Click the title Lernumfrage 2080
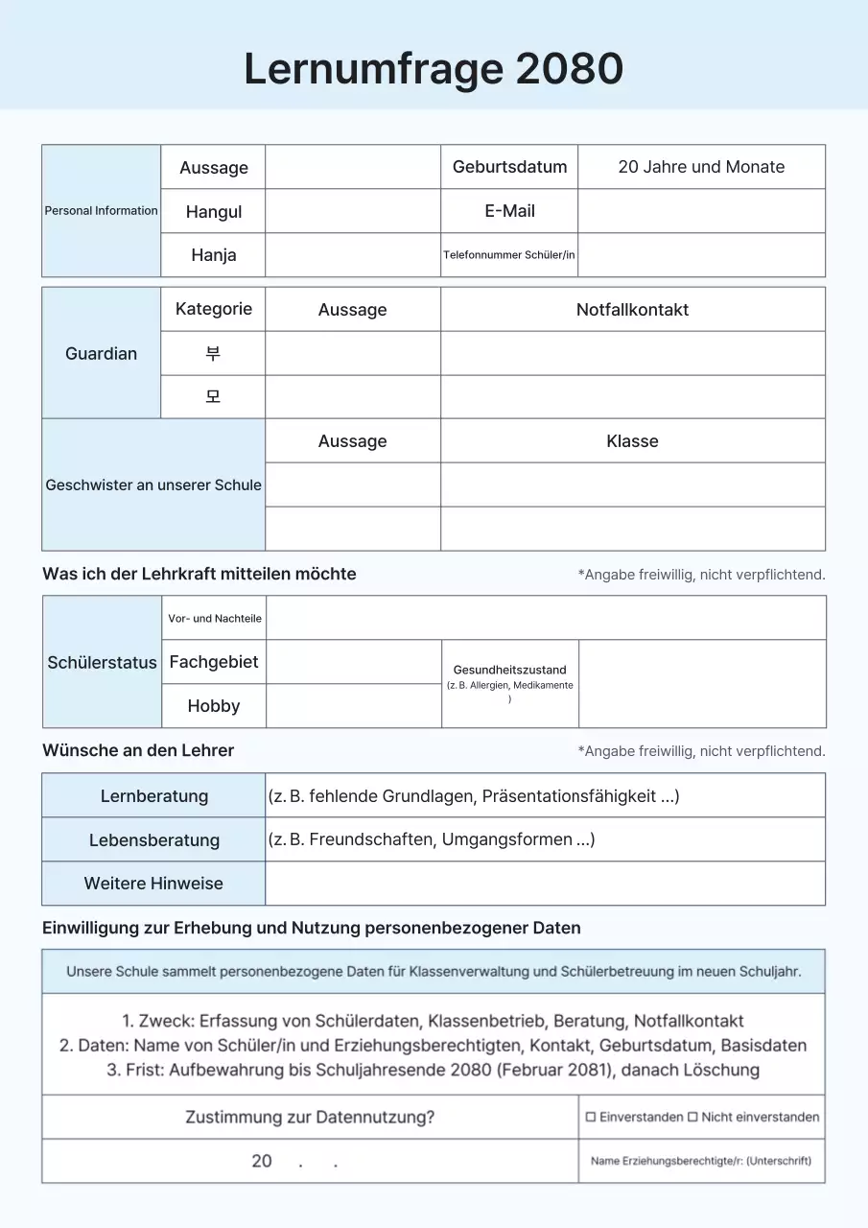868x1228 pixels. coord(434,69)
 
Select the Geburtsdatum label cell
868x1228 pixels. coord(509,167)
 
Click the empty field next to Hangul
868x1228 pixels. coord(352,211)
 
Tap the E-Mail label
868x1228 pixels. coord(509,211)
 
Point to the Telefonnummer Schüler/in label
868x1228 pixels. coord(509,255)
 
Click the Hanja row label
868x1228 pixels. coord(213,255)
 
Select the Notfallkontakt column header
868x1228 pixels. coord(632,310)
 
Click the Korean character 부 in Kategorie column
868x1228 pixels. coord(213,353)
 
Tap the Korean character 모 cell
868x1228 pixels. coord(213,396)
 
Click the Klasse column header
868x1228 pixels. coord(632,441)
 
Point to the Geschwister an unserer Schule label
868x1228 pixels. coord(153,485)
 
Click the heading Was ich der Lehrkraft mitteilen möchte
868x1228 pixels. coord(199,574)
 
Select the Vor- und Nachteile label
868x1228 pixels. coord(214,619)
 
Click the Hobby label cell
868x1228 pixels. coord(213,706)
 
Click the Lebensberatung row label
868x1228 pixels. coord(153,840)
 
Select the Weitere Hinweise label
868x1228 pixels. coord(153,884)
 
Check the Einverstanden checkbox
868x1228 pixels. coord(591,1117)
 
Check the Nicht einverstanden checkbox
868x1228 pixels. coord(692,1117)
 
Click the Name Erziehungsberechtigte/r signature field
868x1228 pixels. coord(701,1161)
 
